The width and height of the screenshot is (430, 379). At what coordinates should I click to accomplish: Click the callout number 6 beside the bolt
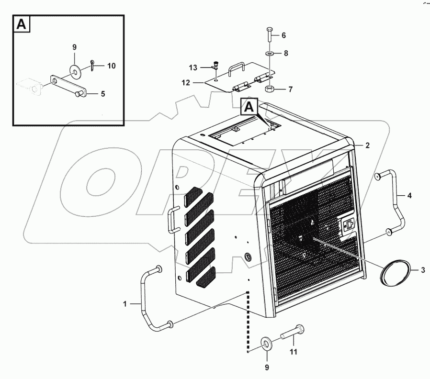point(284,35)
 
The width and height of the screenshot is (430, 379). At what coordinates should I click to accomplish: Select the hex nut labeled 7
point(269,89)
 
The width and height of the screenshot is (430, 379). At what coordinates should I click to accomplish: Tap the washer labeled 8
point(270,53)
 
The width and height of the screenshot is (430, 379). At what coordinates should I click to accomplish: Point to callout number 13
point(193,67)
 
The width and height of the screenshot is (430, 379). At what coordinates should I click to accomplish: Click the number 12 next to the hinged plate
point(186,82)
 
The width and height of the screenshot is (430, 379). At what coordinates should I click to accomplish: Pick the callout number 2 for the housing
point(367,145)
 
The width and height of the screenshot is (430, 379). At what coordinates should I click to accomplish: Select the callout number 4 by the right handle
point(409,195)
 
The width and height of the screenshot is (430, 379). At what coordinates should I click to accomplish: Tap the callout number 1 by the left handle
point(125,303)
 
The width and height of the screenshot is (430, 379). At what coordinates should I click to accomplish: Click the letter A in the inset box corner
point(22,24)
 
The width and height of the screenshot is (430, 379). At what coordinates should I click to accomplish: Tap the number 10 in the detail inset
point(111,66)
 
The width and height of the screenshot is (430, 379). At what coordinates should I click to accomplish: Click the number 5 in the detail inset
point(103,94)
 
